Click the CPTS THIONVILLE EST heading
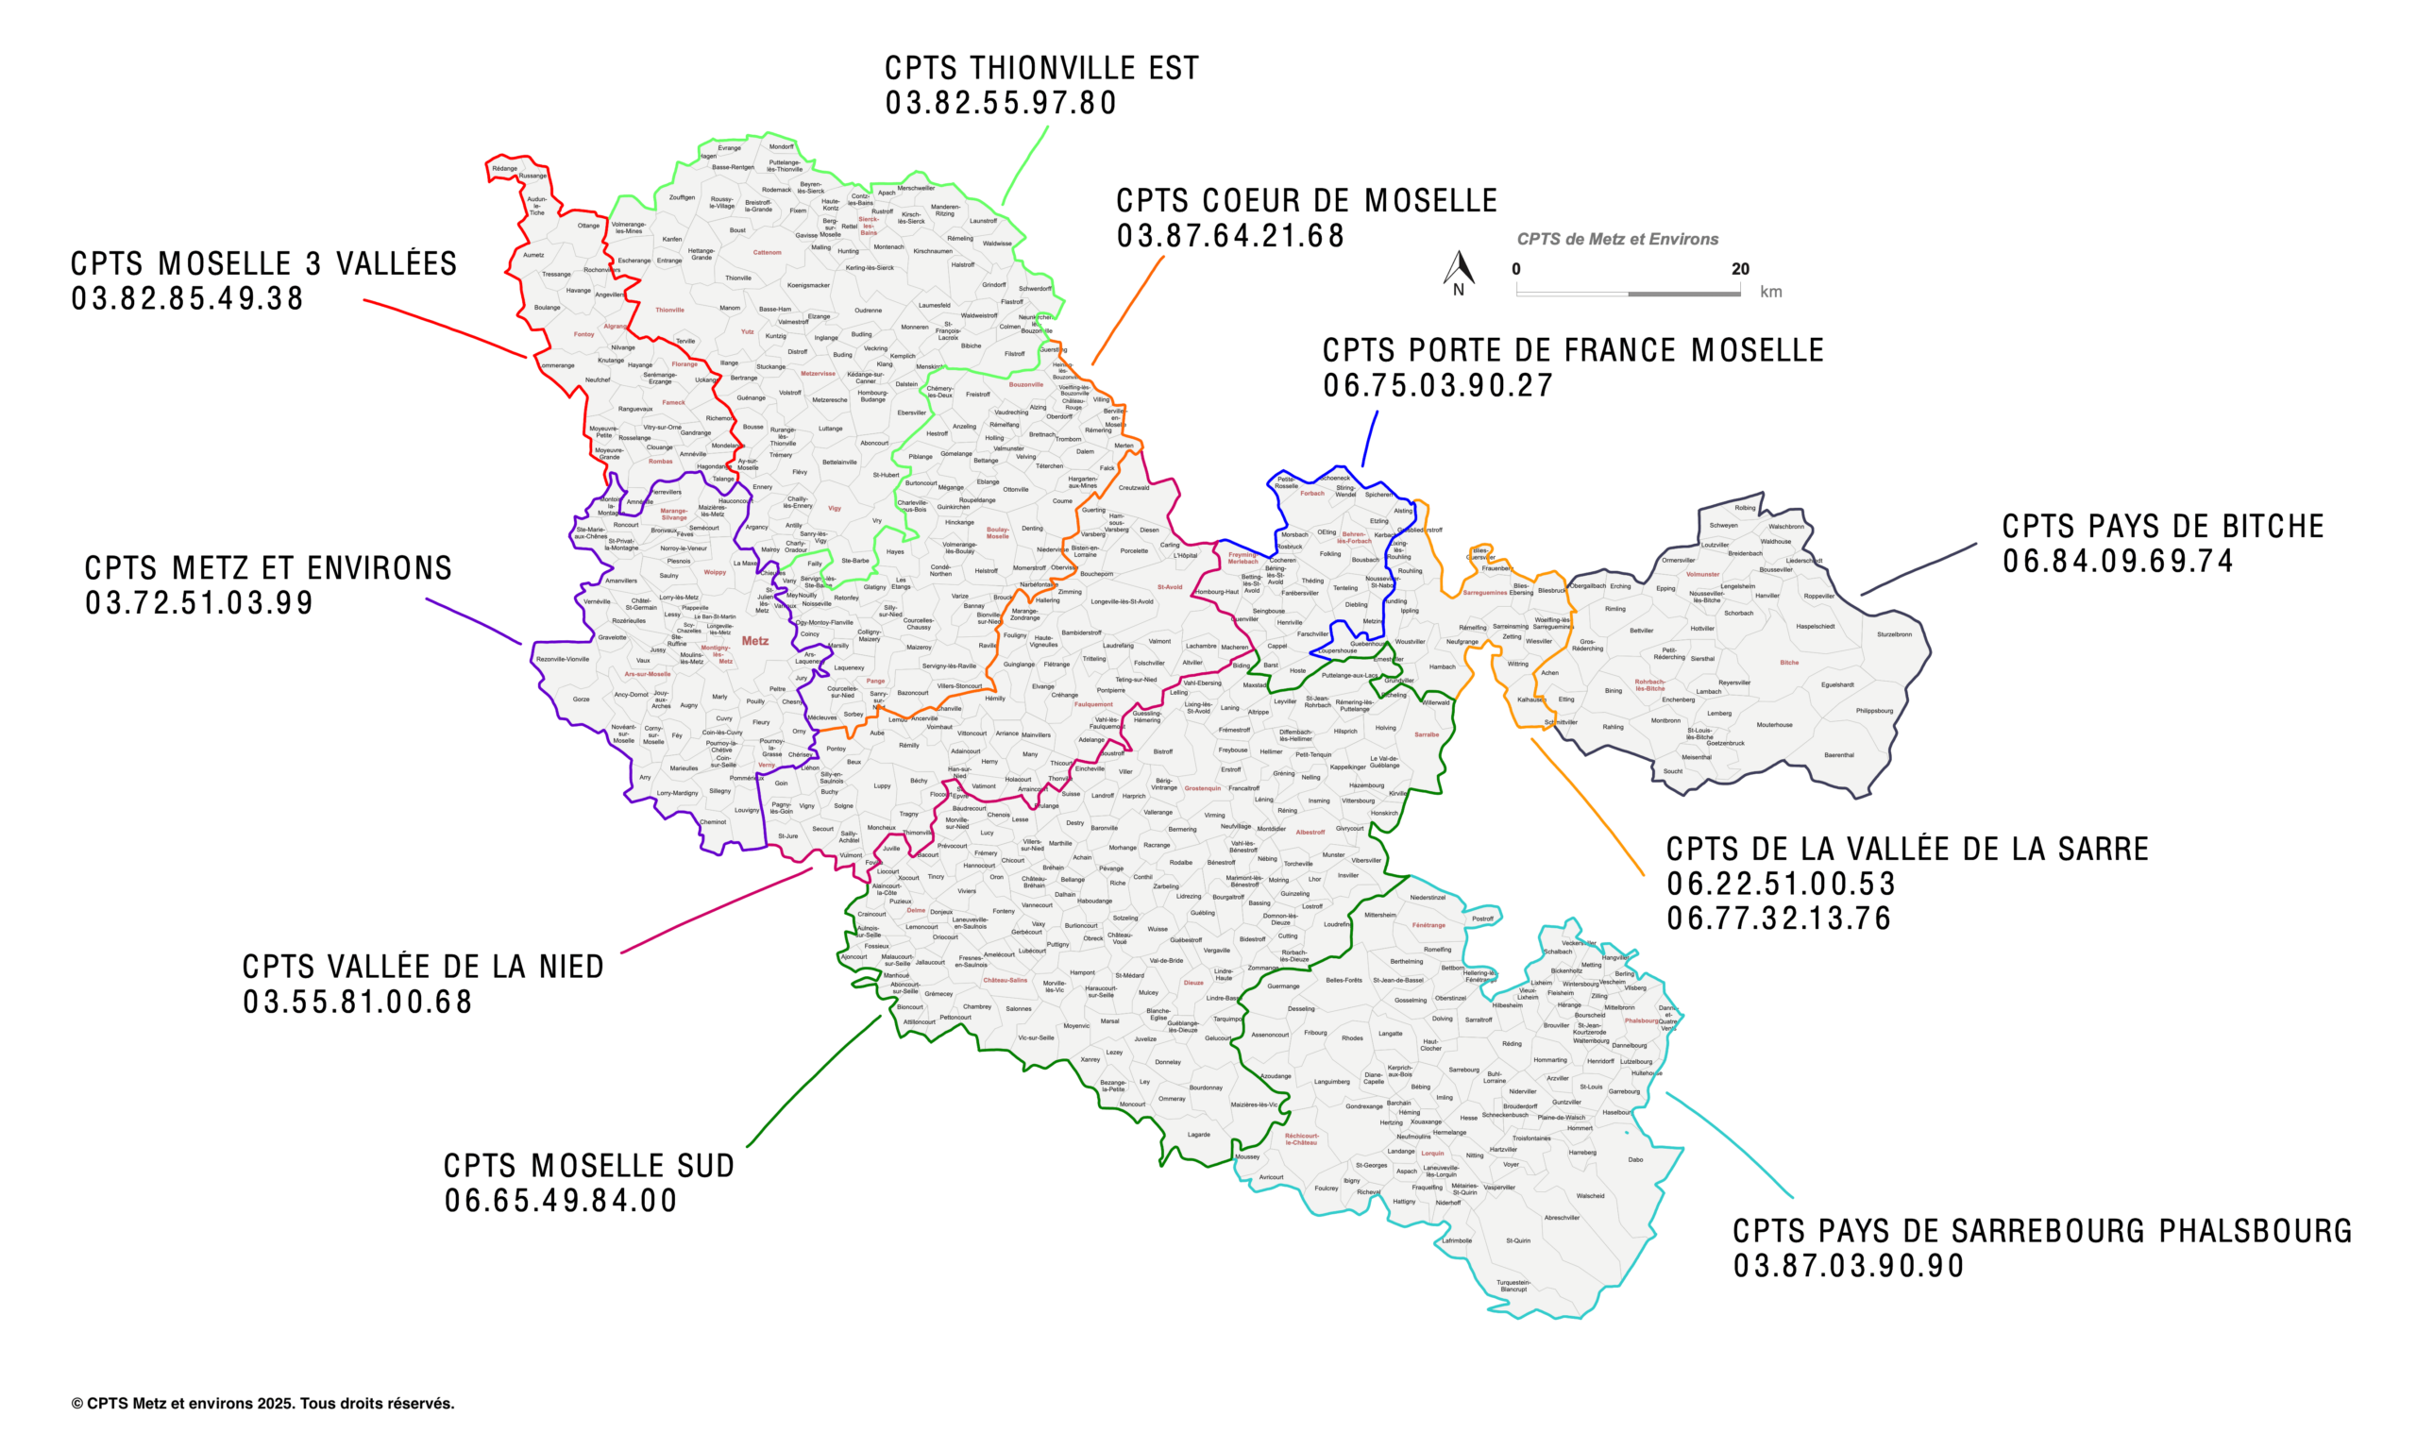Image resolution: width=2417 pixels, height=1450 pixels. tap(1041, 68)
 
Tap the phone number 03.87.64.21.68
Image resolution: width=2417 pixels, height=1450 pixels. tap(1231, 236)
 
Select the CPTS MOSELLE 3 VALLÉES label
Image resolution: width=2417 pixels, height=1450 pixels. tap(263, 263)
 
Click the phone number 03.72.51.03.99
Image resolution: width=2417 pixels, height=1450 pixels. tap(199, 603)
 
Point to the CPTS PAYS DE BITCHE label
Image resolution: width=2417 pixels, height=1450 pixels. tap(2162, 527)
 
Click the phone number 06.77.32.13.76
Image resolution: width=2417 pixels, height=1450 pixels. tap(1779, 919)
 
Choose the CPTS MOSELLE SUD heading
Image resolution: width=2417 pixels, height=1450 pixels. tap(589, 1166)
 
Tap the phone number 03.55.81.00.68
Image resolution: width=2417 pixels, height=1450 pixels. tap(358, 1003)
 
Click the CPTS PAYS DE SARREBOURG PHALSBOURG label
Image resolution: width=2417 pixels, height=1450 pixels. tap(2042, 1231)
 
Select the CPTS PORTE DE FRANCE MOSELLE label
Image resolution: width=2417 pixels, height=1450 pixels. tap(1573, 351)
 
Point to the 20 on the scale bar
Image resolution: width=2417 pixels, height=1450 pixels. tap(1740, 269)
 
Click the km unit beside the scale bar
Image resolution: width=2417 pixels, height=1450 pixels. tap(1770, 292)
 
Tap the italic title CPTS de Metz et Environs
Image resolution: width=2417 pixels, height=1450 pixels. tap(1617, 240)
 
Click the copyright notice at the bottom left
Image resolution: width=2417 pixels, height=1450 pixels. tap(262, 1403)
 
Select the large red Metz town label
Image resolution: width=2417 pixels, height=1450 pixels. tap(755, 641)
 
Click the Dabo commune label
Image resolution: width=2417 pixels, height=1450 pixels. tap(1635, 1160)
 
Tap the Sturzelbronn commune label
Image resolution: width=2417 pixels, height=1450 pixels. tap(1893, 634)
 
